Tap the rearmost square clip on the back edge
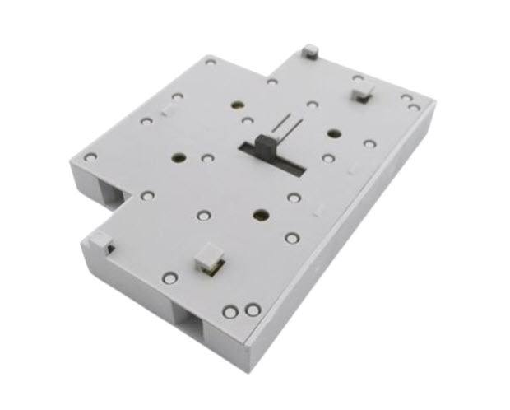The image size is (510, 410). tap(309, 52)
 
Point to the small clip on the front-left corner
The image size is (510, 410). tap(98, 240)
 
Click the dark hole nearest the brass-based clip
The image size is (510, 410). tap(260, 216)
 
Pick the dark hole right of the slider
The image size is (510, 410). tap(332, 133)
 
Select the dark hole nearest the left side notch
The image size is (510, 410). tap(178, 156)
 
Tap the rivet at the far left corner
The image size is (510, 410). tap(91, 156)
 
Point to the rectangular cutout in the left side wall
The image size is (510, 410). tap(109, 191)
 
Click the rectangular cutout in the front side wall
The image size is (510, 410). tap(191, 317)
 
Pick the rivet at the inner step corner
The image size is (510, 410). tap(271, 82)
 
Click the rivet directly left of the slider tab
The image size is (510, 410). tap(247, 121)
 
